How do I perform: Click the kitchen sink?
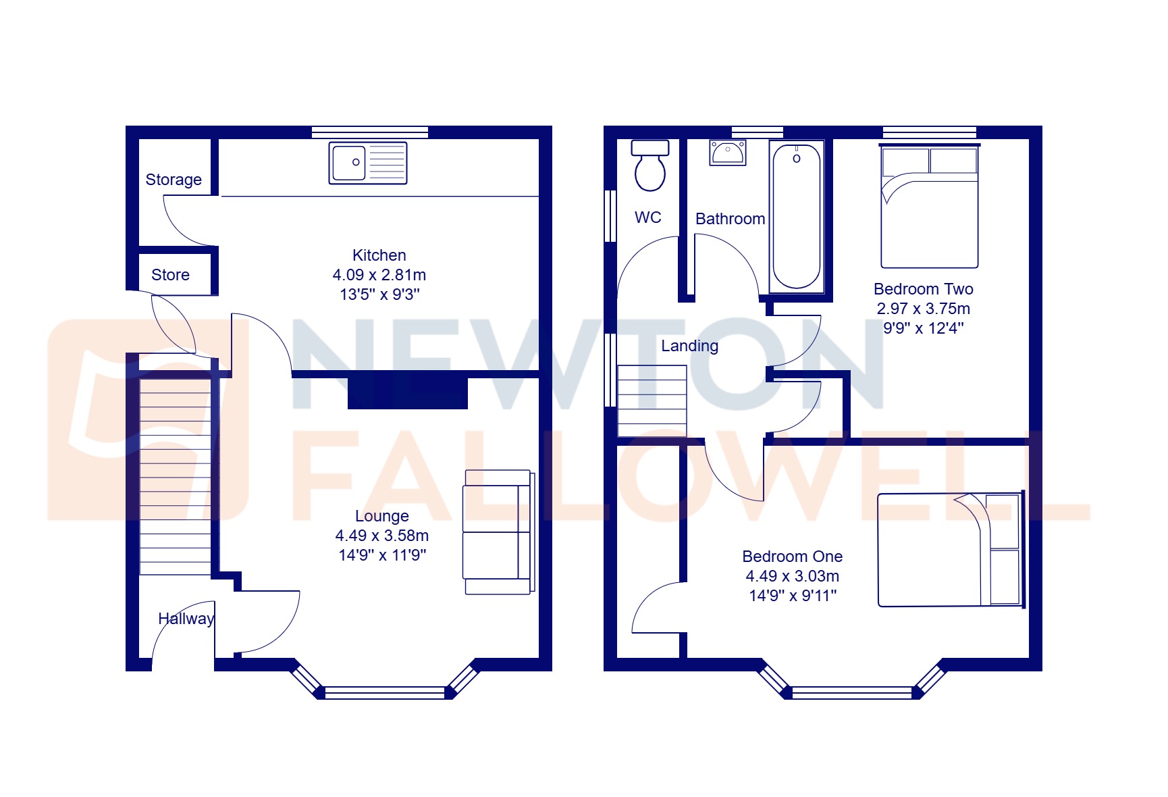368,163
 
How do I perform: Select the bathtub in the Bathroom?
797,217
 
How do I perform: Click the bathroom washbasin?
728,153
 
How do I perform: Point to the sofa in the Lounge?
498,532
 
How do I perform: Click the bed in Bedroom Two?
930,207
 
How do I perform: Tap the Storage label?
174,180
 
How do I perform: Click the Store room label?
170,275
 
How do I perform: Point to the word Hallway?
186,619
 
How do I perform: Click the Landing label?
689,346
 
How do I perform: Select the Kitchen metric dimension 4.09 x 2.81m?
379,275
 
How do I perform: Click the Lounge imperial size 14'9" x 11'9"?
382,555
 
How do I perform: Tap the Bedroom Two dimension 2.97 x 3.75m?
923,309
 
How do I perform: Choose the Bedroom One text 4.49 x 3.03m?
792,576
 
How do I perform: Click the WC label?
647,217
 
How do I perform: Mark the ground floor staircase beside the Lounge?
175,476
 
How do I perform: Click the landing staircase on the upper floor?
652,401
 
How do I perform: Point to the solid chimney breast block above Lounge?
408,392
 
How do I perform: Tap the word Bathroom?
730,219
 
